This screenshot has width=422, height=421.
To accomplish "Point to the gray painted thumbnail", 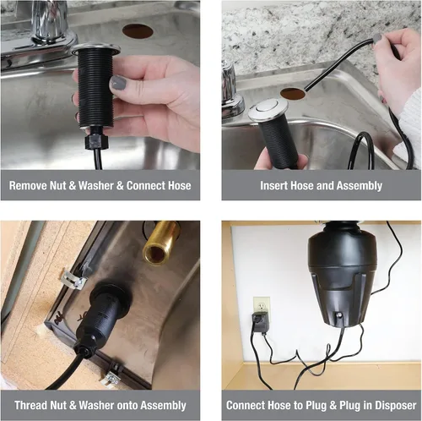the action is coord(118,83).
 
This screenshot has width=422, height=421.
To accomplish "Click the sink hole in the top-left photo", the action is coord(138,31).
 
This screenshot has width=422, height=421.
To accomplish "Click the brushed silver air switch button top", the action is coord(268,108).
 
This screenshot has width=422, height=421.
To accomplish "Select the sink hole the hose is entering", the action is coord(293,94).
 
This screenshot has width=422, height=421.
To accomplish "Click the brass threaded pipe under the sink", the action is coord(160,243).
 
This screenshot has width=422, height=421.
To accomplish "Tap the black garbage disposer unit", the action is coord(342,275).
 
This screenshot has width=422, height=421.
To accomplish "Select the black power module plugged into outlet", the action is coord(261,323).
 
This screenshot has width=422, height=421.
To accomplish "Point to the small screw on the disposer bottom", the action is coord(340,315).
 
